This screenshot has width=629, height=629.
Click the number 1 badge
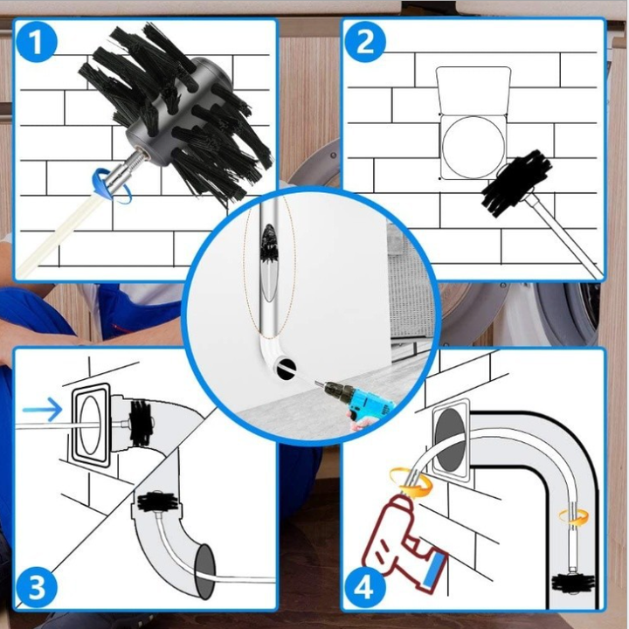(37, 42)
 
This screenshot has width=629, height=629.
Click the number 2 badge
(365, 42)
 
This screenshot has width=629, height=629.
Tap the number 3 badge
(37, 587)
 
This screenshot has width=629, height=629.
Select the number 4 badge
(365, 587)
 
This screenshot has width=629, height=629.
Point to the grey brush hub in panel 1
(176, 116)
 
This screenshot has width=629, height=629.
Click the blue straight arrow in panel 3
(42, 410)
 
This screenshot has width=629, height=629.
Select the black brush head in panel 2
(515, 183)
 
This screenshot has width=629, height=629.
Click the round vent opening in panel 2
(473, 147)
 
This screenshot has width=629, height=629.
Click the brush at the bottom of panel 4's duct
(572, 582)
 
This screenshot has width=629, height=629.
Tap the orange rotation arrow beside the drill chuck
(411, 481)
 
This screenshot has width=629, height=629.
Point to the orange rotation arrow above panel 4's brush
(574, 517)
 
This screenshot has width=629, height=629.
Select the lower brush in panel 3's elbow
(157, 501)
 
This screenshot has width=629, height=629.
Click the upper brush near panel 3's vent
(142, 423)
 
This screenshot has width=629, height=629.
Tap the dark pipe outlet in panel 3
(205, 571)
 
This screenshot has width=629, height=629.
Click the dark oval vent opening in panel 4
(451, 440)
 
